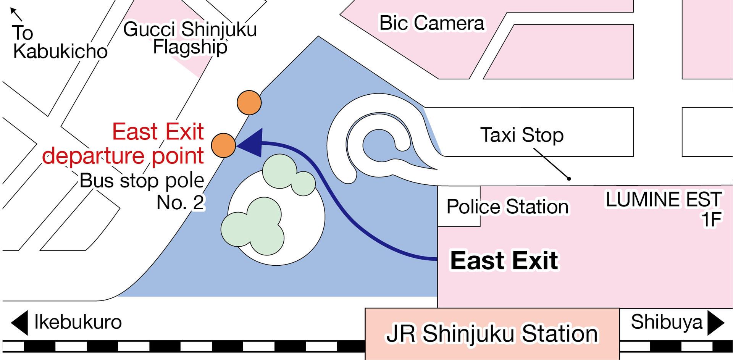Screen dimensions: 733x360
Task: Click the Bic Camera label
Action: (432, 23)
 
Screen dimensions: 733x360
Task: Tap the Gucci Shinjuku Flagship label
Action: (190, 38)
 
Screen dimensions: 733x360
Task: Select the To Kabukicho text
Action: (60, 42)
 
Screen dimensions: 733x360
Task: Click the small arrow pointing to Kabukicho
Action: (16, 14)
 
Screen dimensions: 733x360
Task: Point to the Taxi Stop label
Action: (521, 135)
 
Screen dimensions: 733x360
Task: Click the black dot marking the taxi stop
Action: (569, 178)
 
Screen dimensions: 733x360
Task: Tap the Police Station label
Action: (507, 207)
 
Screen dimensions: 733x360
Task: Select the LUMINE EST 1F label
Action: (664, 209)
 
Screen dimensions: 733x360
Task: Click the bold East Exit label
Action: (504, 260)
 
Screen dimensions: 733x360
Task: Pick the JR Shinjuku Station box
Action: (492, 334)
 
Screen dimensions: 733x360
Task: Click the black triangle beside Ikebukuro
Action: (20, 323)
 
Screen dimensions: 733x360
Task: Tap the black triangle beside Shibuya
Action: (716, 323)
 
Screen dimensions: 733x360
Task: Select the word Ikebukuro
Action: (78, 322)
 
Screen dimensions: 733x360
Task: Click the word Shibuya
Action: (667, 322)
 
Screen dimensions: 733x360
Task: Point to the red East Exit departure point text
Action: (123, 144)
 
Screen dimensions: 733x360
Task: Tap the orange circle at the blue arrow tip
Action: (223, 145)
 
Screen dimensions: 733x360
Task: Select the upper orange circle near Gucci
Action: (249, 103)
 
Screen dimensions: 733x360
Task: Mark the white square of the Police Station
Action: (459, 206)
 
